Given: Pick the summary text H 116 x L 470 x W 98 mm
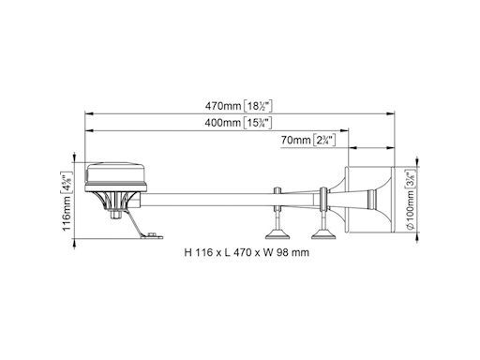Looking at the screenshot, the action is click(247, 252).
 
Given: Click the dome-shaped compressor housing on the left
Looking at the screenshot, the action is click(115, 176).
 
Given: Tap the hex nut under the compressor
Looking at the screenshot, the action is click(116, 215).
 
